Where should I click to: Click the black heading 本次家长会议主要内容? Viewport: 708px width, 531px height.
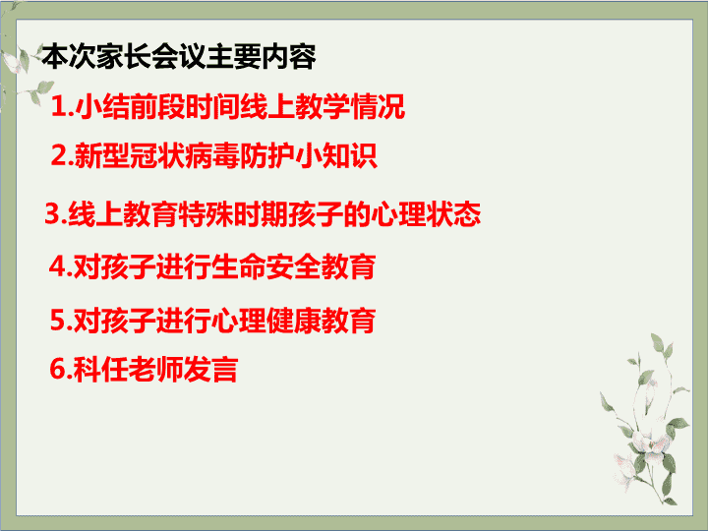pos(179,57)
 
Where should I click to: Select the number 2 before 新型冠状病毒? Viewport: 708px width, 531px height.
pos(59,155)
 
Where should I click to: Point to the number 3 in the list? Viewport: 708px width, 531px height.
pos(53,213)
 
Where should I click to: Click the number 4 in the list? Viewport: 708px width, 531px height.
pos(57,266)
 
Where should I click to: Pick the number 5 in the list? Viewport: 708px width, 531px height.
pos(58,320)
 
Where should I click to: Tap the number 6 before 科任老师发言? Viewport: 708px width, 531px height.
pos(58,369)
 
